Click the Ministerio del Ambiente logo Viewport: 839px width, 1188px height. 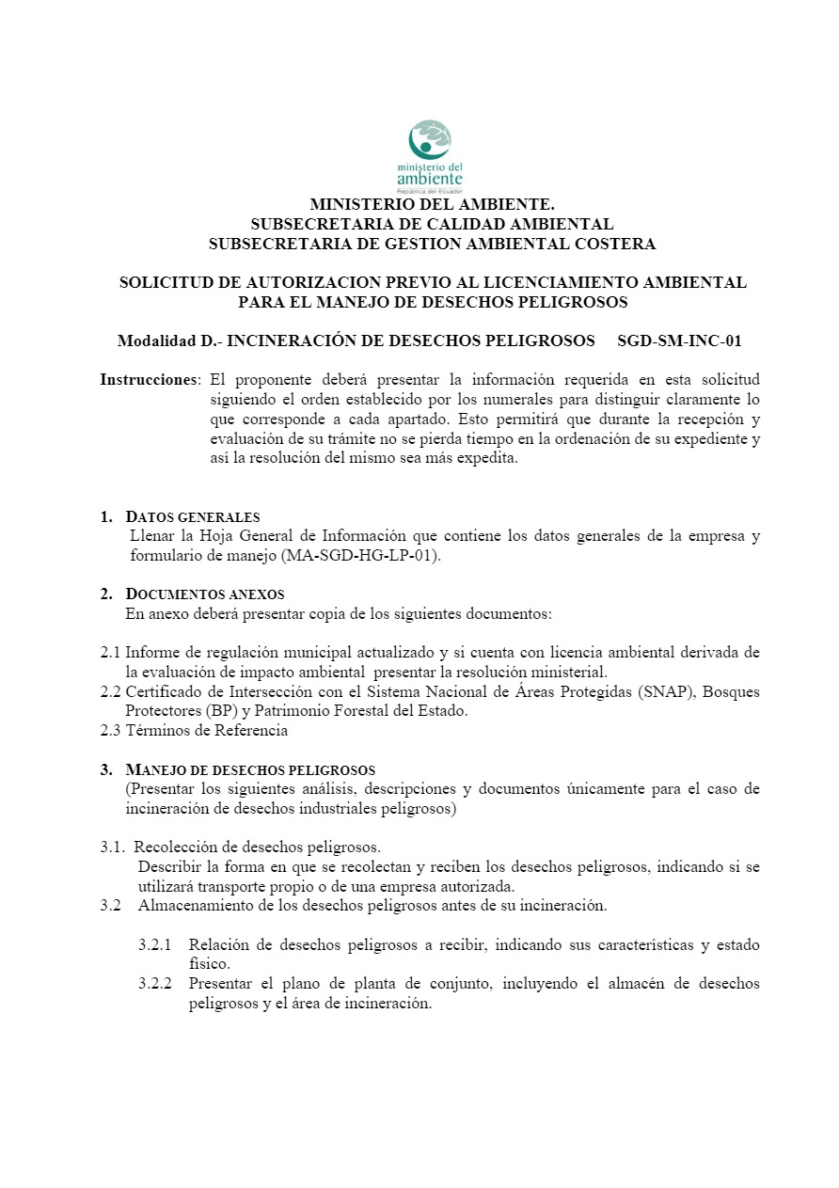tap(434, 155)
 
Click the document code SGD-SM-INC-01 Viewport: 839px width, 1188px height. tap(680, 341)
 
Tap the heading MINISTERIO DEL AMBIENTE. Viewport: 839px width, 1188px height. tap(432, 204)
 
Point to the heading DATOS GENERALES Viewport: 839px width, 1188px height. tap(193, 517)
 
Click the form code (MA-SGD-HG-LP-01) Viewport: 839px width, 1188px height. tap(360, 555)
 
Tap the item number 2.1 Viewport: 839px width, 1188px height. tap(111, 652)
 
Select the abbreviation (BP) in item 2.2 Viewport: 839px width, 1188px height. tap(220, 711)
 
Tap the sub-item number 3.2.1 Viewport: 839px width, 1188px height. tap(155, 944)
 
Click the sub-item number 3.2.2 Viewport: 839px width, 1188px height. tap(155, 984)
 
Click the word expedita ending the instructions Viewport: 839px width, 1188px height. tap(487, 459)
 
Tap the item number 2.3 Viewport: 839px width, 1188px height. tap(111, 730)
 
